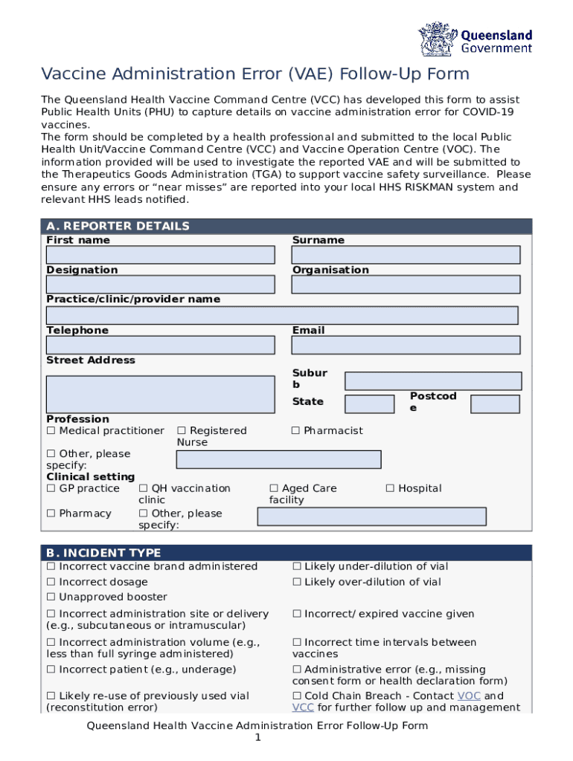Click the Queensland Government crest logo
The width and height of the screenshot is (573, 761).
(438, 38)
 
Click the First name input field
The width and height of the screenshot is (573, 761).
(160, 255)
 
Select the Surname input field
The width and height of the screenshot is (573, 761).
(406, 255)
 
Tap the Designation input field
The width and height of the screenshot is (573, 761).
(160, 285)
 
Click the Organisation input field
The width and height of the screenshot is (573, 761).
(406, 285)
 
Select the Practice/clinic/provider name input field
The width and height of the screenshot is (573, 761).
(282, 315)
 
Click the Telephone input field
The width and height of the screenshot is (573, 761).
(160, 346)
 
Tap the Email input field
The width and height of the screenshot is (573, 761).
(406, 346)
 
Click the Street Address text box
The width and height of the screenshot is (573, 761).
(160, 394)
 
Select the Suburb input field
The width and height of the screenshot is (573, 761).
(433, 381)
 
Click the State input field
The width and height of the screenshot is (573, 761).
(370, 404)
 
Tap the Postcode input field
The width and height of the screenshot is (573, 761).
(495, 404)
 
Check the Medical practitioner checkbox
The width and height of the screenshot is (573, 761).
(51, 431)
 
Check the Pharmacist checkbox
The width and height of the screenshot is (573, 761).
(296, 431)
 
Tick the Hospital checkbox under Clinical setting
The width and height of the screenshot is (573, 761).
(391, 489)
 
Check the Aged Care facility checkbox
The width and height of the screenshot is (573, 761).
(275, 489)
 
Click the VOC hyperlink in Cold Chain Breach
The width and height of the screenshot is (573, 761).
(469, 696)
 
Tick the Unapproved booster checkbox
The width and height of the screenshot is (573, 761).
(51, 598)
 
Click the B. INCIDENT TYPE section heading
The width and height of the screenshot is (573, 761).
(103, 553)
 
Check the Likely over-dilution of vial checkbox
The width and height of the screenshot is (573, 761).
(297, 583)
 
